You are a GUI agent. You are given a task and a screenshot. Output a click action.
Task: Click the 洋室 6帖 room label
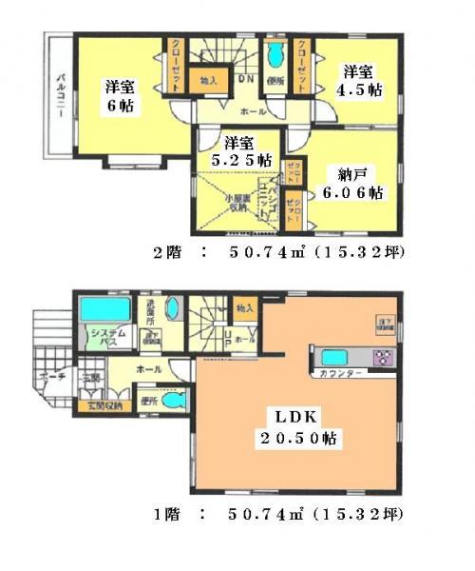(121, 95)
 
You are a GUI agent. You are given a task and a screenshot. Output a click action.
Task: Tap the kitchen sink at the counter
(335, 358)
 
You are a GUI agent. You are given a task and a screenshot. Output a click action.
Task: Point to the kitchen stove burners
(386, 359)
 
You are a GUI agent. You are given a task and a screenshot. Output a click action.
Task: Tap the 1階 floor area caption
(277, 515)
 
